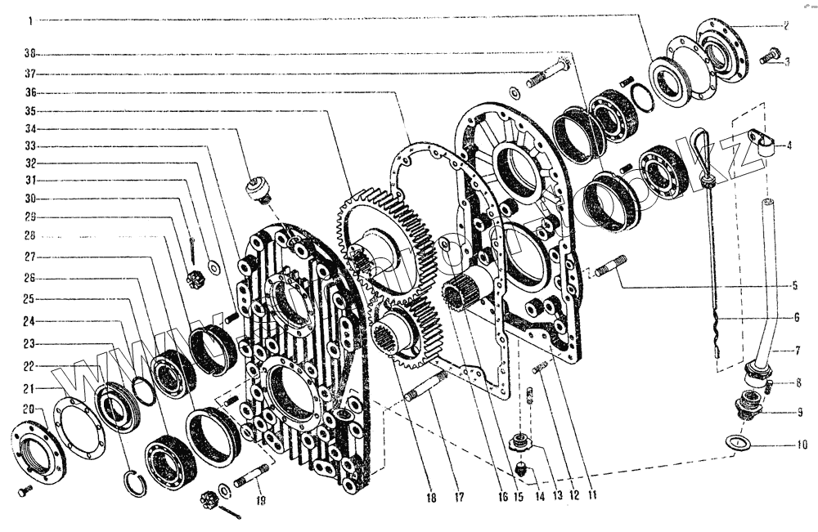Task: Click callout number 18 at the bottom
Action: click(x=430, y=498)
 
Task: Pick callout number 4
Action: click(x=789, y=147)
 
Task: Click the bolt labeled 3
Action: click(x=769, y=56)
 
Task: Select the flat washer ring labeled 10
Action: click(x=739, y=442)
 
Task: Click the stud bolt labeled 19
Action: click(x=251, y=476)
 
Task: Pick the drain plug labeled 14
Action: click(x=524, y=469)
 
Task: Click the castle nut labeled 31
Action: click(x=196, y=277)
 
